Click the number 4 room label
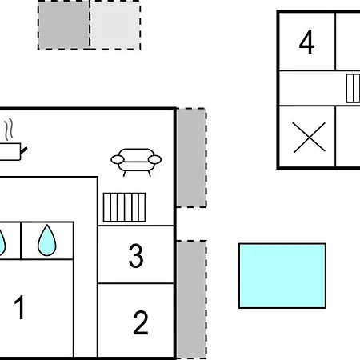click(x=306, y=42)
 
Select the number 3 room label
click(x=136, y=255)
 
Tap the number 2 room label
click(x=141, y=322)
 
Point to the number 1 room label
click(x=20, y=307)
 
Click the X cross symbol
click(x=310, y=138)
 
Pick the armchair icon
click(x=136, y=162)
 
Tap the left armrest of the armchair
click(x=118, y=160)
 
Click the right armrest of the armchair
click(x=154, y=160)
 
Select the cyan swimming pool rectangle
click(x=282, y=276)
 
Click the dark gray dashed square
click(x=63, y=25)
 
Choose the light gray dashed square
click(x=115, y=25)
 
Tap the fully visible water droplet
click(x=47, y=241)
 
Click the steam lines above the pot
click(x=9, y=130)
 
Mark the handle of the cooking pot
click(x=24, y=150)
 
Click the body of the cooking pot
click(x=10, y=152)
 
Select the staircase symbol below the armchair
click(x=124, y=207)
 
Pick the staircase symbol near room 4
click(x=353, y=88)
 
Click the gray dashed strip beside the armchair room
click(x=191, y=158)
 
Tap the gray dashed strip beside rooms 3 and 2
click(x=191, y=300)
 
